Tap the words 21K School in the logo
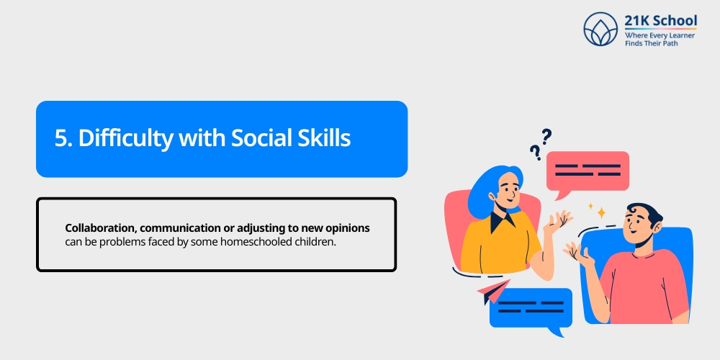tap(658, 19)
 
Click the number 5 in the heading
tap(60, 138)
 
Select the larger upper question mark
tap(546, 135)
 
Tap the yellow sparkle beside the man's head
tap(600, 212)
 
